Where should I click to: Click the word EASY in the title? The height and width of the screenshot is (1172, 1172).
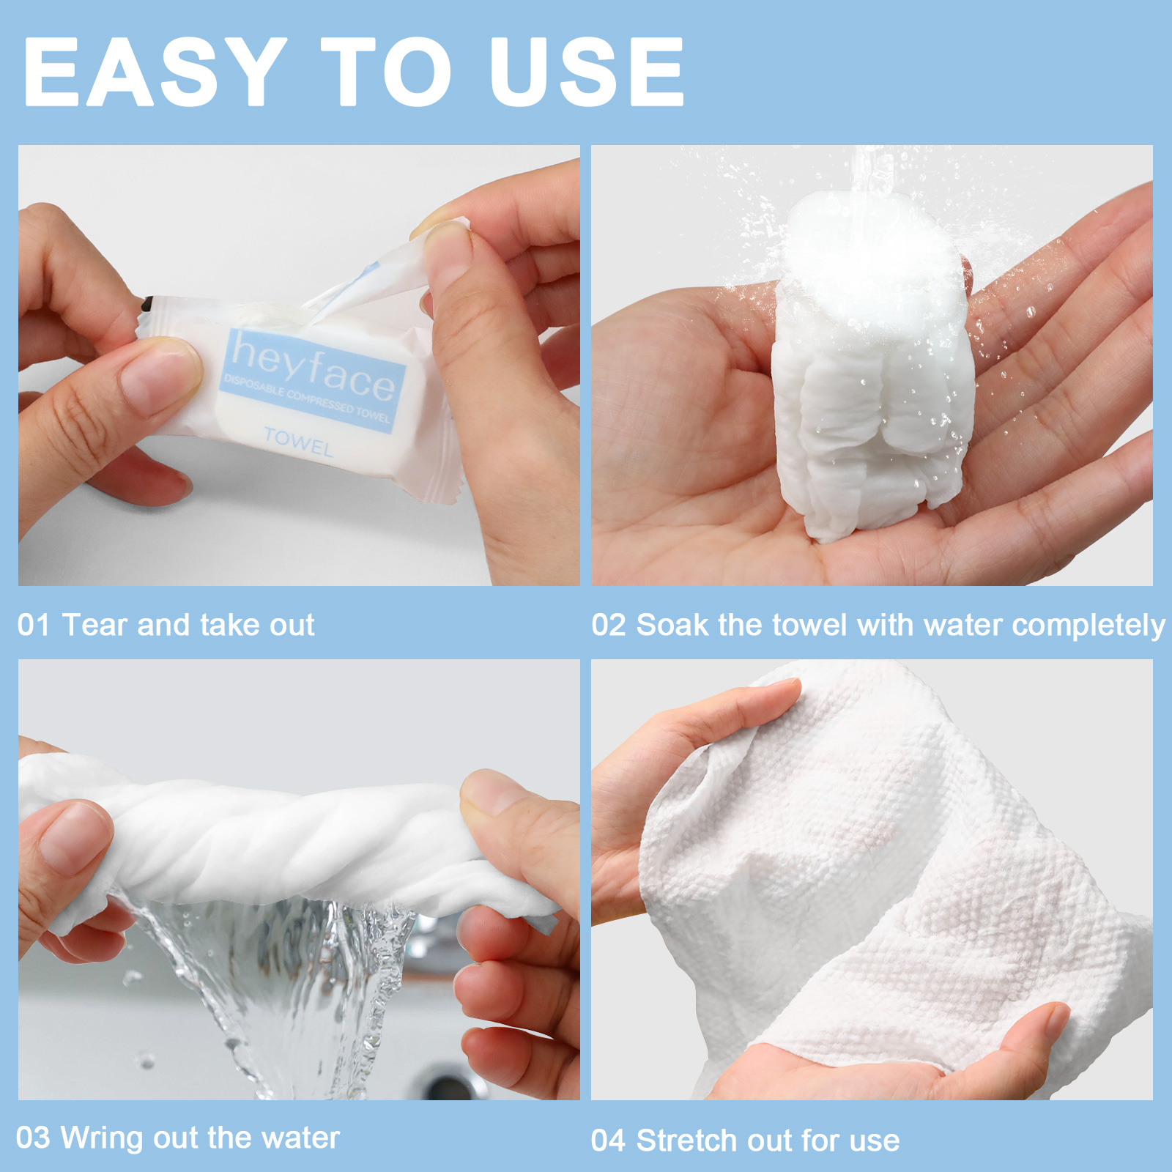(155, 72)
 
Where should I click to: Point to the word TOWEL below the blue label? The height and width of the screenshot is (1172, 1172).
(298, 442)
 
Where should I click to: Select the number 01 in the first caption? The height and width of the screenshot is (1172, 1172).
(34, 625)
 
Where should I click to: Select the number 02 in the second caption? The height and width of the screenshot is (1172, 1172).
(609, 625)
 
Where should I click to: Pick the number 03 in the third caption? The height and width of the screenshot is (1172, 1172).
(33, 1138)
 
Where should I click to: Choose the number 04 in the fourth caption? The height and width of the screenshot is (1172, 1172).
(609, 1141)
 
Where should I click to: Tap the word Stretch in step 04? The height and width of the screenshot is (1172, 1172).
(686, 1141)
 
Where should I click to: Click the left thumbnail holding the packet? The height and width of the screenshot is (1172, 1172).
(157, 376)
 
